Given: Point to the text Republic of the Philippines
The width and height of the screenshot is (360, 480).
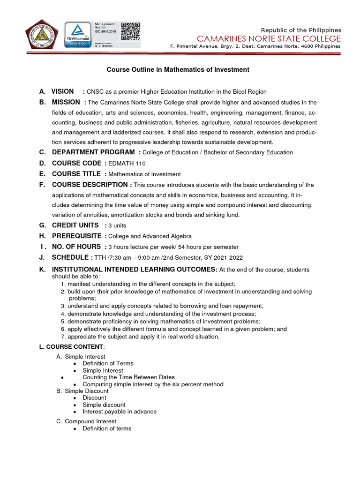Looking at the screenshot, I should click(301, 30).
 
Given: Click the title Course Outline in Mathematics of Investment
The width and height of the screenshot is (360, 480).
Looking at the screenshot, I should click(178, 69).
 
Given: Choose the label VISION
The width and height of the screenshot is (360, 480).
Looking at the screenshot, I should click(62, 91).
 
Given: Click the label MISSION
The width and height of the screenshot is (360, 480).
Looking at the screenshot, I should click(66, 102).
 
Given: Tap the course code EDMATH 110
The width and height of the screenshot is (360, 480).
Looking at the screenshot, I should click(127, 163).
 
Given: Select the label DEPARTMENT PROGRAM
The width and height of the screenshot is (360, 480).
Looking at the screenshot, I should click(93, 152).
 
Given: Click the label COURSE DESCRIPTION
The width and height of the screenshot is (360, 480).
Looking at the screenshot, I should click(91, 185).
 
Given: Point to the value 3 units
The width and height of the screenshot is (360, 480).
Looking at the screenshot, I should click(120, 225).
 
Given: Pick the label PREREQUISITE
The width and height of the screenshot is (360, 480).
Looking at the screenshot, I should click(76, 236).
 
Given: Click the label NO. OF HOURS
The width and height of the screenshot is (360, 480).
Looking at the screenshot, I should click(76, 247).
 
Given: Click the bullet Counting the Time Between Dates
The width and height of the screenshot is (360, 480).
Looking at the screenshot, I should click(128, 377).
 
